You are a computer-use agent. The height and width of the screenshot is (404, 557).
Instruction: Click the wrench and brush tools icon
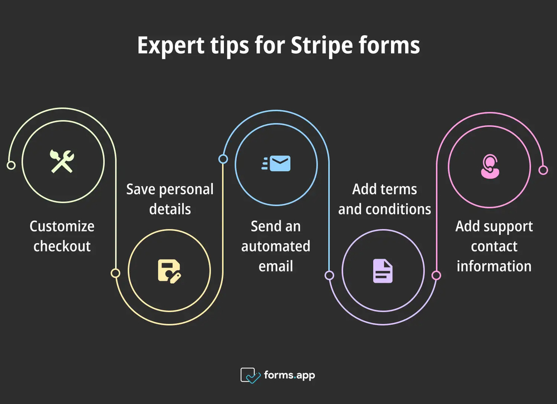pyautogui.click(x=62, y=161)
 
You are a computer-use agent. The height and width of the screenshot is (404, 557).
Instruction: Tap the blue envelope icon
pyautogui.click(x=276, y=164)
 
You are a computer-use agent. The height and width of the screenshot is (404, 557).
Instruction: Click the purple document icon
pyautogui.click(x=383, y=271)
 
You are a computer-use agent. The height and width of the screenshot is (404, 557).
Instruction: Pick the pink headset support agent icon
pyautogui.click(x=490, y=166)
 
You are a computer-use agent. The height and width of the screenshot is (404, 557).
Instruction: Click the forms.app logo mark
pyautogui.click(x=250, y=375)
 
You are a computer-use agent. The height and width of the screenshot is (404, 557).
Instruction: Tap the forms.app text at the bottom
pyautogui.click(x=289, y=375)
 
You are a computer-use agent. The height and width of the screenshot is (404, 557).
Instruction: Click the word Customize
pyautogui.click(x=62, y=226)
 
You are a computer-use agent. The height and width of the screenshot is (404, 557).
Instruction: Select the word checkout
pyautogui.click(x=62, y=246)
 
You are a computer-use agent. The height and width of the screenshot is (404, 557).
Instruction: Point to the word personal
pyautogui.click(x=187, y=189)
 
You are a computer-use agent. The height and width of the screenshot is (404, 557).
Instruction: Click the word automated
pyautogui.click(x=276, y=246)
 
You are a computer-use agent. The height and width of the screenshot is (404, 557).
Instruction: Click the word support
pyautogui.click(x=507, y=226)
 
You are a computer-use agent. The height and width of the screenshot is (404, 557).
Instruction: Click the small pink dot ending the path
pyautogui.click(x=543, y=170)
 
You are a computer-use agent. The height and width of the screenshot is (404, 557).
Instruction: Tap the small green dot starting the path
pyautogui.click(x=10, y=165)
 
